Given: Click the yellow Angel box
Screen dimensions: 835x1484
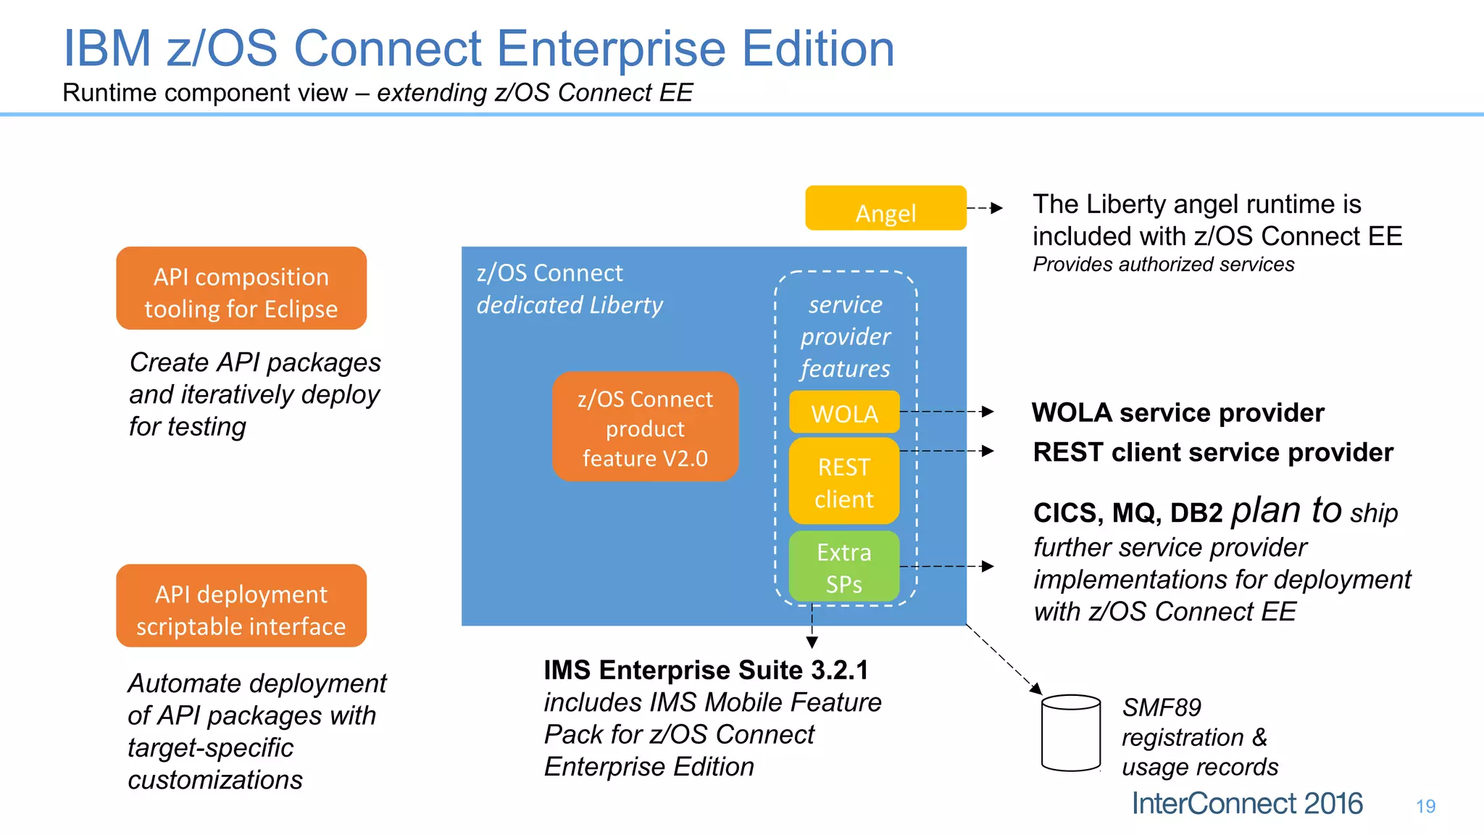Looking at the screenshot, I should pyautogui.click(x=885, y=208).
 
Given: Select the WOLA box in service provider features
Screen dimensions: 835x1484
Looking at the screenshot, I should pyautogui.click(x=844, y=412).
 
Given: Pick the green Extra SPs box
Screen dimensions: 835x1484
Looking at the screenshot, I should pyautogui.click(x=844, y=567).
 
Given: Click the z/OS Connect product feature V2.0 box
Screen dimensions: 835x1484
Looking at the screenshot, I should pyautogui.click(x=645, y=428).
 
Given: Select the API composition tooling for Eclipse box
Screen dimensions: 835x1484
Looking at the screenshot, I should pyautogui.click(x=241, y=288).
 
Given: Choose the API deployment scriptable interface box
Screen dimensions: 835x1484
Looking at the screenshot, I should pyautogui.click(x=241, y=606).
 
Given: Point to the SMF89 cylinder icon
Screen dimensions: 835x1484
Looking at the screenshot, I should pyautogui.click(x=1070, y=733).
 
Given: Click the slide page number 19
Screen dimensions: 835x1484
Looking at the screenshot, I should pyautogui.click(x=1425, y=806).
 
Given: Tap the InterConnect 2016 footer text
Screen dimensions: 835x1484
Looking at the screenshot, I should pyautogui.click(x=1246, y=803).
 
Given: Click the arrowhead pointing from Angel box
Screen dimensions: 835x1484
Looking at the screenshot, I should pyautogui.click(x=997, y=208).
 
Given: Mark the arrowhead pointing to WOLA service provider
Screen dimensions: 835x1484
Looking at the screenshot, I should pyautogui.click(x=988, y=412).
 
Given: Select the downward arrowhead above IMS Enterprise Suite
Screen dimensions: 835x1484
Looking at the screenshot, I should pyautogui.click(x=812, y=642).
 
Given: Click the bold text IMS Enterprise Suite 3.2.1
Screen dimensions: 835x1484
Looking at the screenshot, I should pyautogui.click(x=706, y=670).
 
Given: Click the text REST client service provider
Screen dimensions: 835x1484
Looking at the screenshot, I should pyautogui.click(x=1213, y=452).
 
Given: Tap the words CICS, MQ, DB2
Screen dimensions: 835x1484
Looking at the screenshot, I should pyautogui.click(x=1127, y=513).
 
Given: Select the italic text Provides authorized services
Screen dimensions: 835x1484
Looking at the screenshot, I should pyautogui.click(x=1163, y=265).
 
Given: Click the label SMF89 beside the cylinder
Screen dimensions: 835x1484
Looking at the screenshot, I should pyautogui.click(x=1162, y=707).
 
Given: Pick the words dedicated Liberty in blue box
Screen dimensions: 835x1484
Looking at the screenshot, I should pyautogui.click(x=570, y=305).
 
